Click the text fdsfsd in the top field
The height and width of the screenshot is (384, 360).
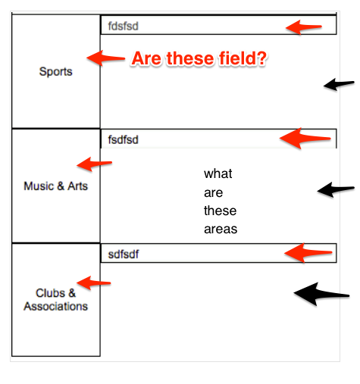tap(123, 26)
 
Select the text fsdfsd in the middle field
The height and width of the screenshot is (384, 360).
tap(123, 139)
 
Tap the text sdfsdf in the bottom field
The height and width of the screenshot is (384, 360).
tap(124, 254)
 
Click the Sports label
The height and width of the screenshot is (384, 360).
tap(55, 72)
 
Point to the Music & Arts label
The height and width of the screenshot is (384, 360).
tap(55, 186)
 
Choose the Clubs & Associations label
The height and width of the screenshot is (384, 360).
tap(55, 300)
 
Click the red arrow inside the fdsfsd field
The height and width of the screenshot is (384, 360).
tap(304, 27)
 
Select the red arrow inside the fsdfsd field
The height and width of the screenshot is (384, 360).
tap(305, 139)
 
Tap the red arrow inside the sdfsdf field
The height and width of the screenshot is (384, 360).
tap(308, 253)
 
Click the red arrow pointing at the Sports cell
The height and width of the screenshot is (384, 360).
tap(105, 58)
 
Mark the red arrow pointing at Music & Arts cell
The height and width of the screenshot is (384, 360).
tap(94, 164)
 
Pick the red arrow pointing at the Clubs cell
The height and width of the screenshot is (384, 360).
tap(93, 283)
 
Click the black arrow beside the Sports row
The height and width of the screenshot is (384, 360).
tap(339, 84)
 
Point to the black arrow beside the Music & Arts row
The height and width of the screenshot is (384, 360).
tap(336, 189)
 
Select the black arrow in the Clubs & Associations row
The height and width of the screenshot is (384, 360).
tap(321, 294)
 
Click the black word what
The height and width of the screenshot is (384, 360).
tap(218, 173)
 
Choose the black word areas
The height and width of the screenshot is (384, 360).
tap(221, 229)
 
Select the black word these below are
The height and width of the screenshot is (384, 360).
tap(221, 211)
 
